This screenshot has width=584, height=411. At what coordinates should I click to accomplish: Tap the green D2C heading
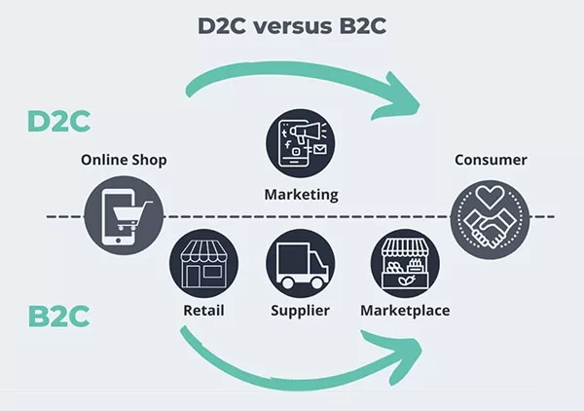click(x=58, y=121)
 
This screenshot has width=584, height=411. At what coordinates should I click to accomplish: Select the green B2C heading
click(x=58, y=317)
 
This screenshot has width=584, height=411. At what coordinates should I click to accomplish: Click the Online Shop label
click(x=124, y=160)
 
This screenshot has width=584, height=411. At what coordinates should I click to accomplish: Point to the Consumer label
click(x=491, y=160)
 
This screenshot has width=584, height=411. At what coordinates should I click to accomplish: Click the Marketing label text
click(x=301, y=195)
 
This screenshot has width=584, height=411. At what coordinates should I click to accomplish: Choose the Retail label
click(x=203, y=311)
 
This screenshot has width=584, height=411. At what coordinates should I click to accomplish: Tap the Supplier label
click(x=300, y=311)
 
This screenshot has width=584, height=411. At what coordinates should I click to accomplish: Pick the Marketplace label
click(x=405, y=311)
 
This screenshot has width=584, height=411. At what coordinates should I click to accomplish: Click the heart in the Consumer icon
click(x=491, y=196)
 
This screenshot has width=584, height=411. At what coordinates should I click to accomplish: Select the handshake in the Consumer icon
click(x=490, y=228)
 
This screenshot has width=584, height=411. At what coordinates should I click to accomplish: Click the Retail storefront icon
click(x=203, y=263)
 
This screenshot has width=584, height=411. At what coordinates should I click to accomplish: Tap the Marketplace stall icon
click(x=405, y=263)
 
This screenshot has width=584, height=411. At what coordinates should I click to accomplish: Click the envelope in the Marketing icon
click(x=319, y=149)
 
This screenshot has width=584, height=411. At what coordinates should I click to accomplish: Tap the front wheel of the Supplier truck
click(x=317, y=282)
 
